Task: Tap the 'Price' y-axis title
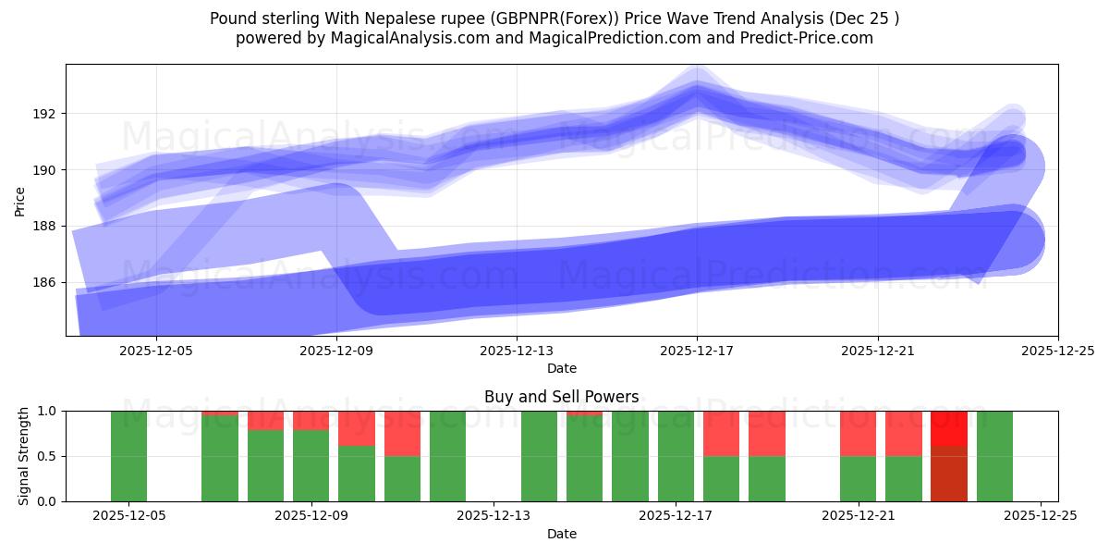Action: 20,201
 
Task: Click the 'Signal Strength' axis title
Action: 24,456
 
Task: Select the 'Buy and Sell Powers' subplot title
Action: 561,397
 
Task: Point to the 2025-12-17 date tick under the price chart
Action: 697,351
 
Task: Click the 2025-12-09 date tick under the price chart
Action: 336,351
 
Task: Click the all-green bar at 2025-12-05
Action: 128,456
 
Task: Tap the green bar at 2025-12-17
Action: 676,456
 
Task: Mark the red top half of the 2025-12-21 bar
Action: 858,433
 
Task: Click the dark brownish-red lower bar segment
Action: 949,474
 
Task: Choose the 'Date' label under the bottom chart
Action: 561,534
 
